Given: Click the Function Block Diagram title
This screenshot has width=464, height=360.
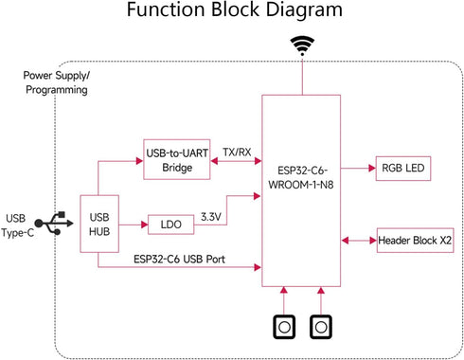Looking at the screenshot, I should pos(232,14).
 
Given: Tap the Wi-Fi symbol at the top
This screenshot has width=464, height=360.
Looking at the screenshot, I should pos(302,45).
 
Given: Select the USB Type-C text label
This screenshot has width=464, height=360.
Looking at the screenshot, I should pos(22,224).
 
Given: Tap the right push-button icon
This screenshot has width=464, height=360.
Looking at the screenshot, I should pos(322,326).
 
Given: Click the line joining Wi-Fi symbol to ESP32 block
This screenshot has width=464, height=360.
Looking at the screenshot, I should pos(302,78).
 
